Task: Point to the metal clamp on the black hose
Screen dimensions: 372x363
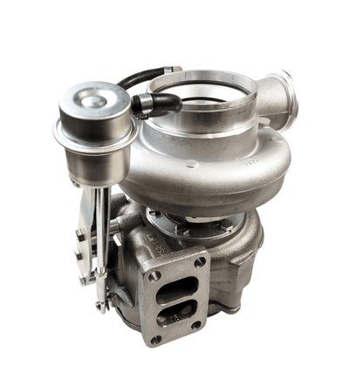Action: (x=143, y=105)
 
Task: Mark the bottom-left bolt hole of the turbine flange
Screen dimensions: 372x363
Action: (x=156, y=339)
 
